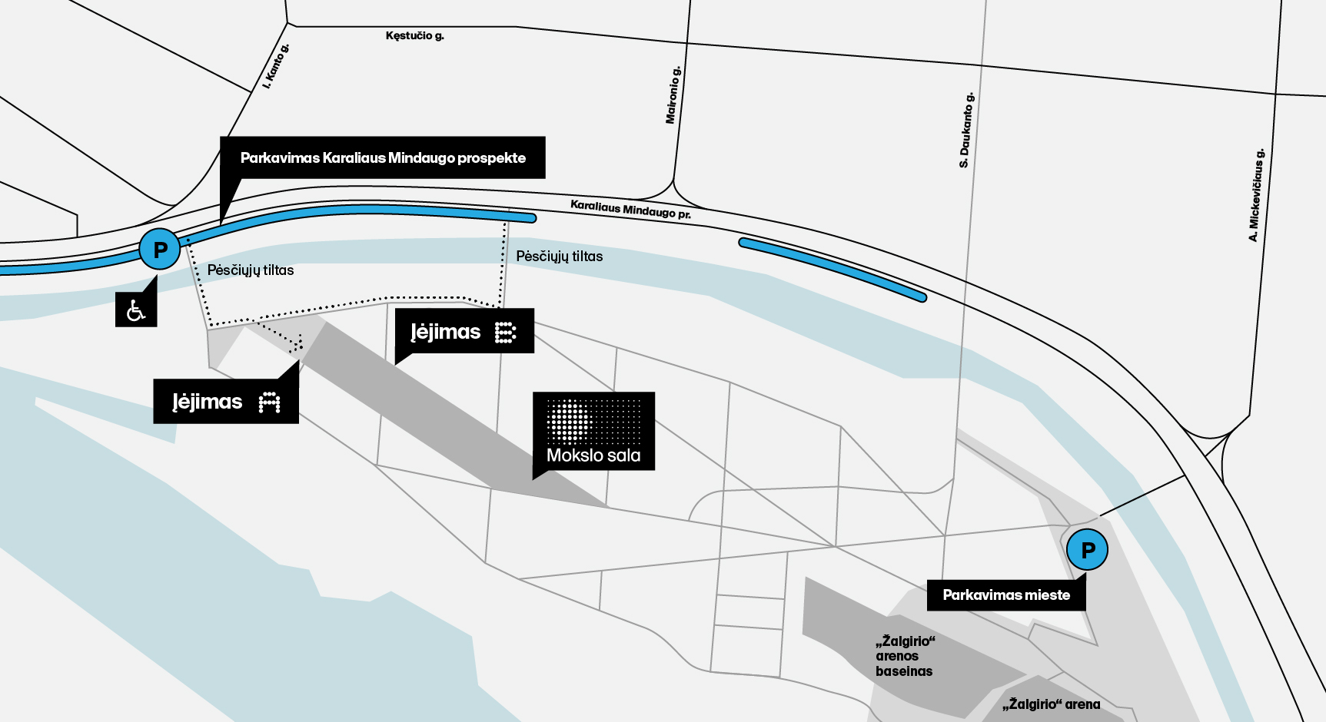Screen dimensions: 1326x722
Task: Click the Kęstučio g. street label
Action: tap(414, 35)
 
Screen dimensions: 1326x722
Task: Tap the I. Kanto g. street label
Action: tap(276, 66)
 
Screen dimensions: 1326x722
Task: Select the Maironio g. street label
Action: tap(673, 95)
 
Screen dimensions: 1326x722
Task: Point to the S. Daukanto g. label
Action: tap(966, 131)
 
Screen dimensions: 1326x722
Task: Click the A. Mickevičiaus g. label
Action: tap(1255, 195)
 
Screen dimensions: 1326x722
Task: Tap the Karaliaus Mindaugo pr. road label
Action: tap(630, 209)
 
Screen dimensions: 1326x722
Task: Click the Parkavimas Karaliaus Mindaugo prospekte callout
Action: tap(383, 158)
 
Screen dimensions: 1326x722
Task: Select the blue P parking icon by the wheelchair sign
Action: tap(160, 250)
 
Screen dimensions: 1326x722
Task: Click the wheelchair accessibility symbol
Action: tap(136, 310)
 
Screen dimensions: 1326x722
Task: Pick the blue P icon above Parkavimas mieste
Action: tap(1088, 550)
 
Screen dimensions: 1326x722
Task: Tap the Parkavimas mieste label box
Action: tap(1006, 595)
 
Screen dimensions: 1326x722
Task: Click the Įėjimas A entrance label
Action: tap(226, 401)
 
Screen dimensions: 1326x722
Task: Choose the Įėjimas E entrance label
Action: tap(464, 332)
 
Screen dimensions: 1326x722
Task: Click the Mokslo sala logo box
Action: tap(593, 431)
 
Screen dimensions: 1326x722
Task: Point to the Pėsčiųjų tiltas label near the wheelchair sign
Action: tap(251, 270)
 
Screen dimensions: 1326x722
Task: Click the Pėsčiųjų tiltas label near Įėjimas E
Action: tap(560, 257)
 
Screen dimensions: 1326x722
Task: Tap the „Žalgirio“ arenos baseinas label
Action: tap(905, 656)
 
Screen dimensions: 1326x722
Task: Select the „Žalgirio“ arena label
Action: tap(1051, 704)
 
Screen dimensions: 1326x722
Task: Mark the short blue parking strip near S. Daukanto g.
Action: tap(832, 270)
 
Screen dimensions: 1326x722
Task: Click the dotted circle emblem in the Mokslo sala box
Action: tap(569, 421)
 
